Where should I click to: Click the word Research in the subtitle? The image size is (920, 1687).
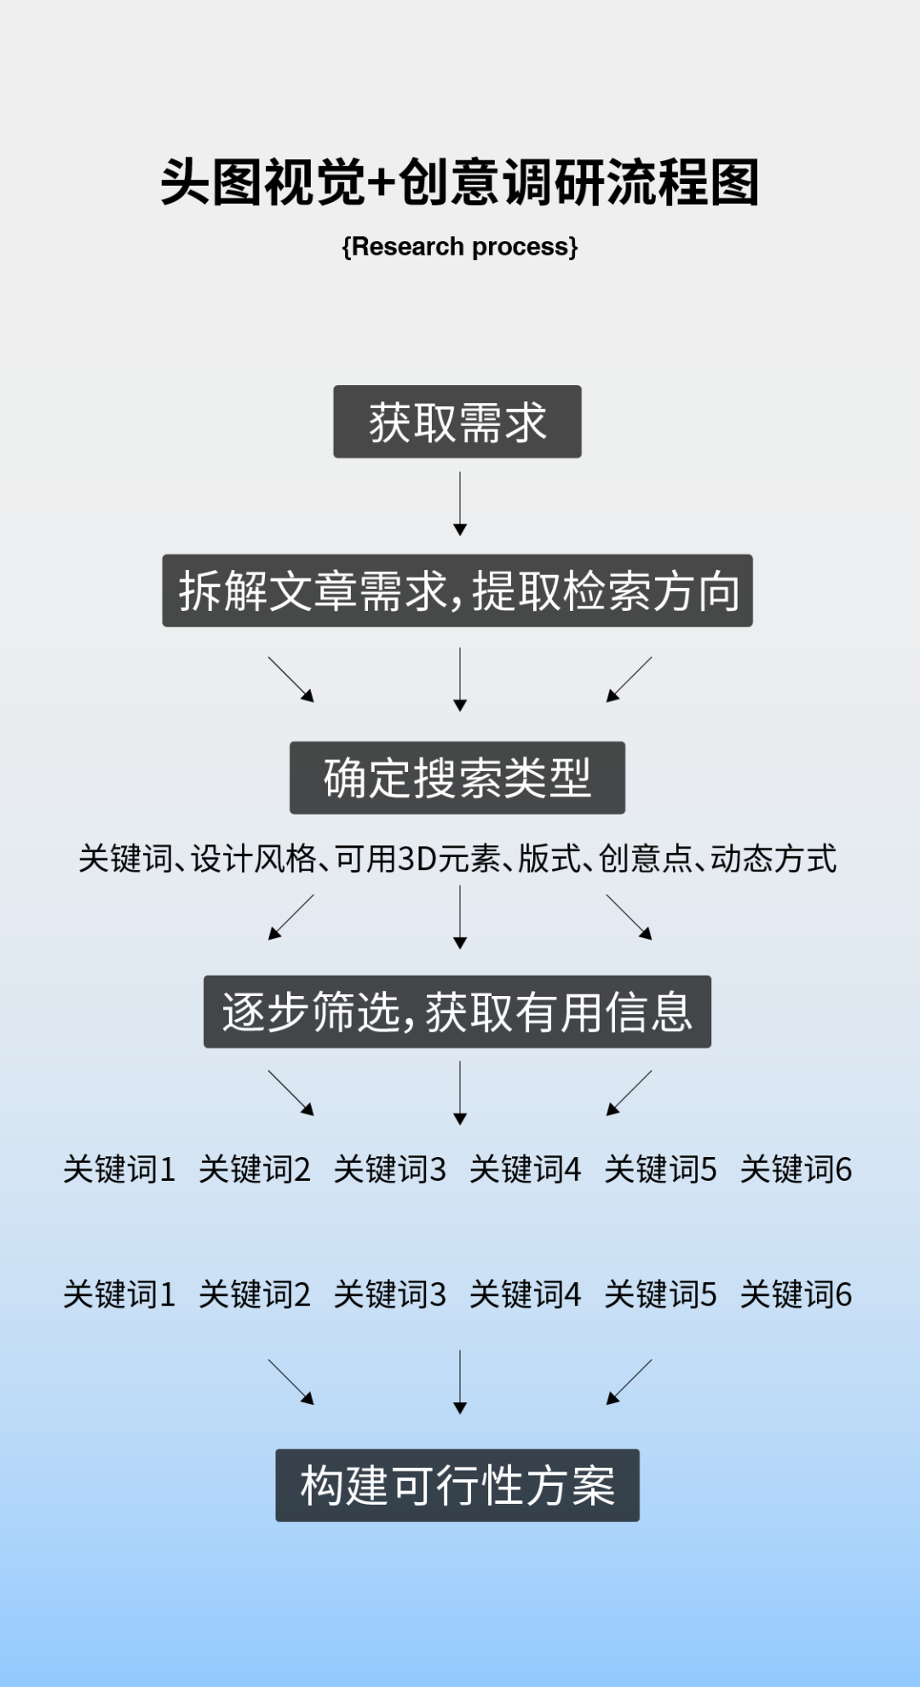(407, 247)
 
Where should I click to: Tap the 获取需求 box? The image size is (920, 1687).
(457, 422)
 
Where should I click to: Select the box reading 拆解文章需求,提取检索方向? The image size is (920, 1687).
(457, 591)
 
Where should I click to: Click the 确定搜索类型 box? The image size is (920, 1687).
(457, 778)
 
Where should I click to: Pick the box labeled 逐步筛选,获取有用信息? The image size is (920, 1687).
(457, 1012)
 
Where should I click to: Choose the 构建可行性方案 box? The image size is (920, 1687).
(457, 1485)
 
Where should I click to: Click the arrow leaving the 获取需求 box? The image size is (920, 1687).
(460, 504)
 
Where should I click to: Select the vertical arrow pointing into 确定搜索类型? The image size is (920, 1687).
(460, 679)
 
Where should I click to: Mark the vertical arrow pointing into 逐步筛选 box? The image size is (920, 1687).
(460, 917)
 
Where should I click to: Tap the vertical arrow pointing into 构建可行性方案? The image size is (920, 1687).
(460, 1381)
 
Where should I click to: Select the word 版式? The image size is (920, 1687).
(549, 859)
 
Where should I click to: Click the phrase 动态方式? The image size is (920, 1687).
(773, 859)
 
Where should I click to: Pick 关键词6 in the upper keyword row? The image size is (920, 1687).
(796, 1170)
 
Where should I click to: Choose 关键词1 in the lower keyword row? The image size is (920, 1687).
(119, 1295)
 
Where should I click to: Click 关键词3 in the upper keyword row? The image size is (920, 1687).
(389, 1170)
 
